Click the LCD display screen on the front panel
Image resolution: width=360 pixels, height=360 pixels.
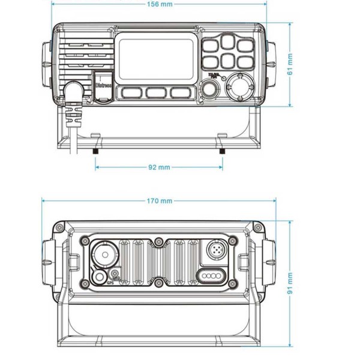coord(155,58)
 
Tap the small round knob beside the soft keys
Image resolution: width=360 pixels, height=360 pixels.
coord(210,89)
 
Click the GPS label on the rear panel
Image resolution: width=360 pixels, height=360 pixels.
coord(110,282)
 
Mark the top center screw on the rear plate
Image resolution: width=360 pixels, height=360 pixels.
coord(158,242)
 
